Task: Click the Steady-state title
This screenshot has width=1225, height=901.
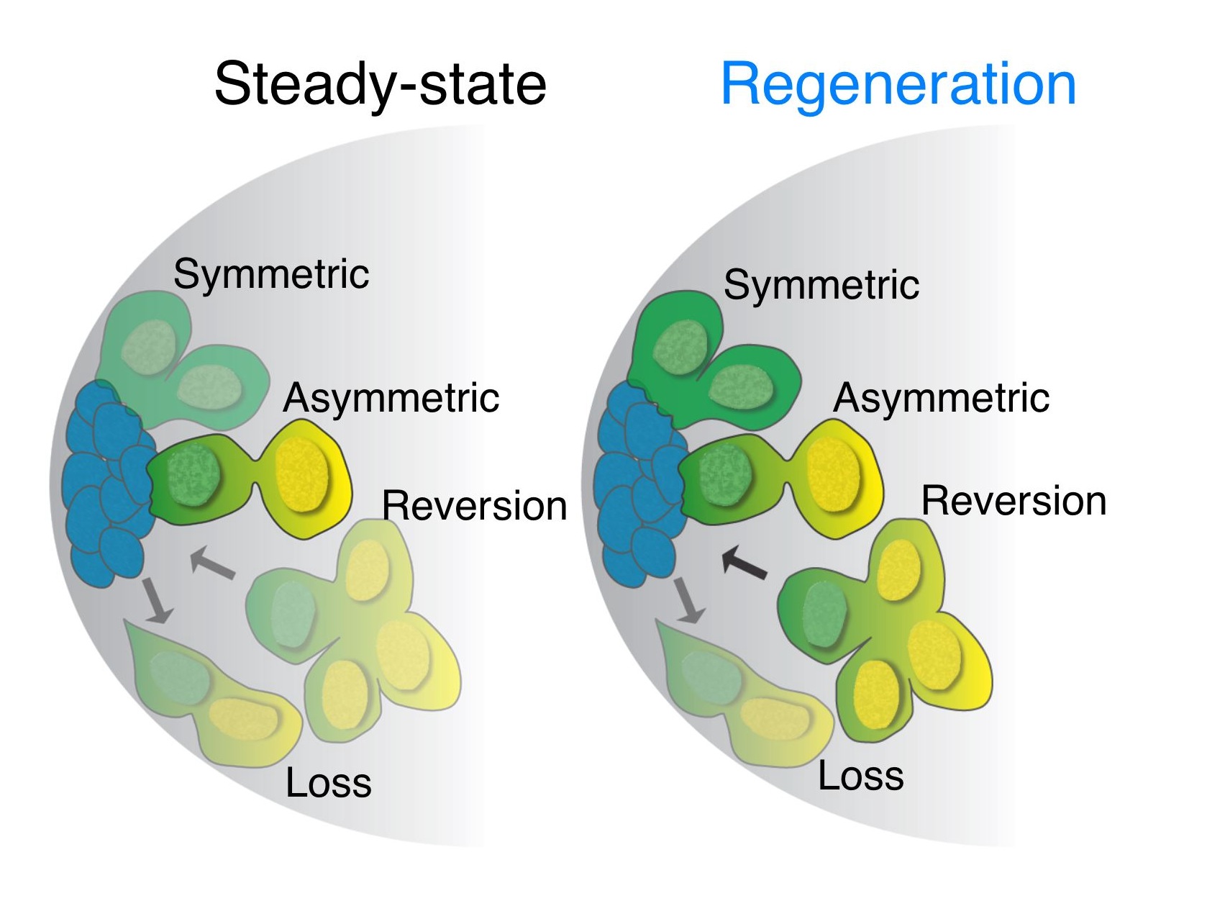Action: (380, 85)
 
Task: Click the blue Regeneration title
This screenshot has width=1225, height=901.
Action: (898, 85)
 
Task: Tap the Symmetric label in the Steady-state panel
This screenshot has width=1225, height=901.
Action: (271, 274)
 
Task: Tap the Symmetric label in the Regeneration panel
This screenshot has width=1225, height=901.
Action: (821, 285)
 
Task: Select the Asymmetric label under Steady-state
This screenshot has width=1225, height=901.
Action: (391, 398)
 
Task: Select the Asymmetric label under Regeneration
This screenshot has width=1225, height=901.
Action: (941, 398)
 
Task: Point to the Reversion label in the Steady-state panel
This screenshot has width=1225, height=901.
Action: (474, 506)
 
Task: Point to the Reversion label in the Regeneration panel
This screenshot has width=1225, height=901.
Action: (1013, 501)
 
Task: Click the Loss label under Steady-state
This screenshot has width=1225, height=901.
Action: (328, 783)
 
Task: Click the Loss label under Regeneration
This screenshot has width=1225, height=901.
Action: (860, 776)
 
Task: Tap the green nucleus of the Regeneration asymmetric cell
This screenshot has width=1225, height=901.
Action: (725, 475)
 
